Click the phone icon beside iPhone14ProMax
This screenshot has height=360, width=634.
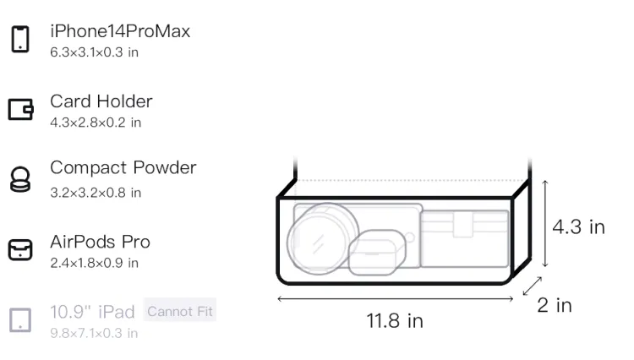[x=20, y=39]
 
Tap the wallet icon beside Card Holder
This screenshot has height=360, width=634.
[x=20, y=109]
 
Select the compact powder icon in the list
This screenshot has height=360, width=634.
[x=20, y=179]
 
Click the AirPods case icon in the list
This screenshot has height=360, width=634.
[x=20, y=249]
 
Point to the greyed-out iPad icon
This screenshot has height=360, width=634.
[x=20, y=320]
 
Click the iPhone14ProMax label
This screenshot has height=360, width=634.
[x=120, y=31]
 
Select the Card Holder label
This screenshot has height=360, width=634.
[x=101, y=101]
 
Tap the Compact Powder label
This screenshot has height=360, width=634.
[x=123, y=168]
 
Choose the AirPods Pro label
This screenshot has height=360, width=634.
[x=101, y=242]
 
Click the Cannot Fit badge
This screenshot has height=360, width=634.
[x=180, y=311]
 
